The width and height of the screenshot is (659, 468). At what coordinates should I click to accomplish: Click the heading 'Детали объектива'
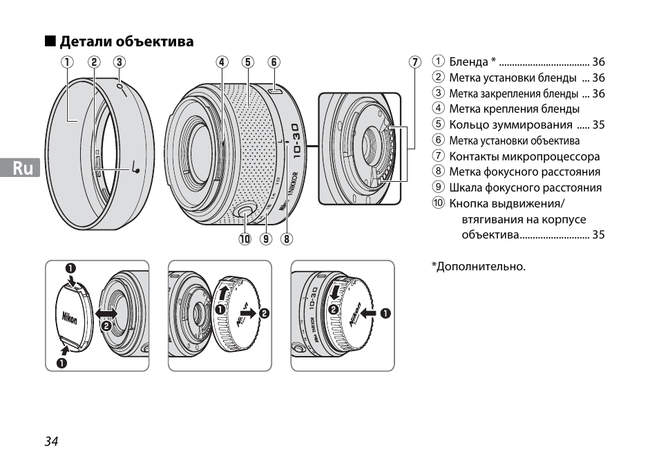click(126, 41)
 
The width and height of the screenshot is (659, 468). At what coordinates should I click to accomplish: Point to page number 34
click(52, 441)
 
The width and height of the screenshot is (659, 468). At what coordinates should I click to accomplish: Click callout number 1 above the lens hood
click(67, 62)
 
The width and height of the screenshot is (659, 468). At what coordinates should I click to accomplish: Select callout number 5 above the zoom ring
click(247, 62)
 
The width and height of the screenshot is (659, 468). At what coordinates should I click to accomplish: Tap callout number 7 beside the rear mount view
click(415, 62)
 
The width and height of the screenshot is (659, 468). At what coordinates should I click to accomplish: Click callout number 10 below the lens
click(245, 238)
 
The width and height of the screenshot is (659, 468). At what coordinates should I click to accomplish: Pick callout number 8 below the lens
click(286, 238)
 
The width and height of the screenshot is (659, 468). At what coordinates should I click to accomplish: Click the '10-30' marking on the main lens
click(296, 141)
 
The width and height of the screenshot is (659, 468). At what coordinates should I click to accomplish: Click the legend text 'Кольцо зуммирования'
click(510, 125)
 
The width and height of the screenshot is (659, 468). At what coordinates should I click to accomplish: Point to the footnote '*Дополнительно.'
click(479, 266)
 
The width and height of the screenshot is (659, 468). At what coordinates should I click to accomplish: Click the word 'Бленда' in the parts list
click(468, 62)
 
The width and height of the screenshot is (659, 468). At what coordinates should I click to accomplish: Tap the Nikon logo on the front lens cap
click(69, 318)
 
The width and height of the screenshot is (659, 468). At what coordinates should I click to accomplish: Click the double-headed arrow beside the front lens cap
click(106, 313)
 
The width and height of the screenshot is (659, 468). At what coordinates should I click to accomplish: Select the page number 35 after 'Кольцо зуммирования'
click(598, 125)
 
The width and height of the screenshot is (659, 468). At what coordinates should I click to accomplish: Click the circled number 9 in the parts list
click(439, 187)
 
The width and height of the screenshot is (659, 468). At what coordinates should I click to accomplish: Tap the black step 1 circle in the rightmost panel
click(385, 313)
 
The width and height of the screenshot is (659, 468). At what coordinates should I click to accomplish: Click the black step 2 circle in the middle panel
click(264, 313)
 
